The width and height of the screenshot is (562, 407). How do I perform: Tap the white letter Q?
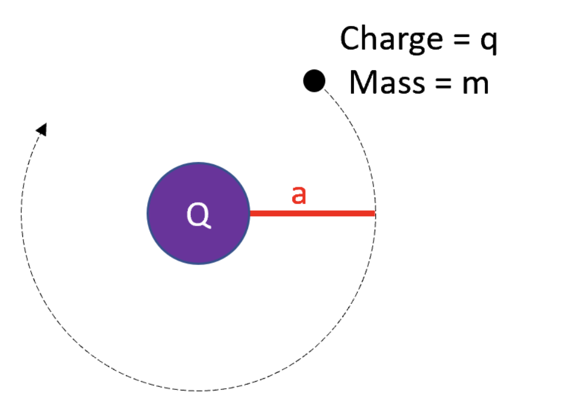tap(198, 216)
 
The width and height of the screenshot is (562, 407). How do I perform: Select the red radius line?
tap(312, 213)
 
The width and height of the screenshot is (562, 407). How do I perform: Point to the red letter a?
tap(299, 195)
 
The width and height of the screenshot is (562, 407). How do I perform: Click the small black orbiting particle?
tap(314, 81)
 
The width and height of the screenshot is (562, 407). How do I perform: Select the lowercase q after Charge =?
tap(487, 42)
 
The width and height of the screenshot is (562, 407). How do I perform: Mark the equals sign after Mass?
tap(442, 83)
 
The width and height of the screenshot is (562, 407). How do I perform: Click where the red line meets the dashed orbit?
tap(375, 213)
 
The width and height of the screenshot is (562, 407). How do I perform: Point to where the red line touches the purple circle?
tap(250, 213)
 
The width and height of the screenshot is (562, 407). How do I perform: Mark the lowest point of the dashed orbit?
tap(198, 390)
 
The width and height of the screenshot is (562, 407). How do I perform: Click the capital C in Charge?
tap(350, 39)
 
